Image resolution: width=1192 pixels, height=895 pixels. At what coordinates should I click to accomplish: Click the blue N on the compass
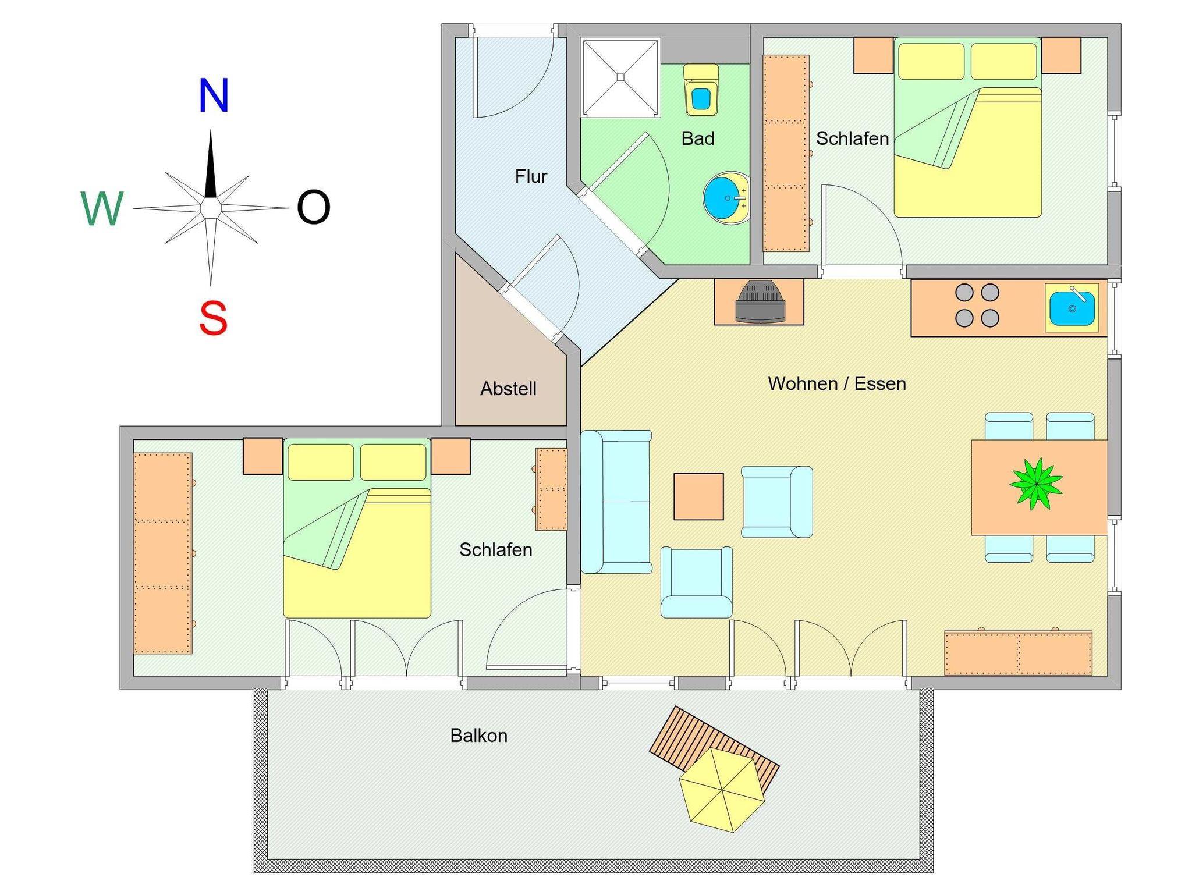(x=214, y=95)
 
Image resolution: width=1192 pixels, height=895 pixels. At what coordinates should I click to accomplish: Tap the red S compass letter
(x=213, y=318)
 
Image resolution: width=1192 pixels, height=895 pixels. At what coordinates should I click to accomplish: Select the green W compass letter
(x=102, y=208)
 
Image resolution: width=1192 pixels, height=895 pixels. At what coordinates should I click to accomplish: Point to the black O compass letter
(x=314, y=207)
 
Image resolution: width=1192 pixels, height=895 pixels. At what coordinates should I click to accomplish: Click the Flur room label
(x=531, y=176)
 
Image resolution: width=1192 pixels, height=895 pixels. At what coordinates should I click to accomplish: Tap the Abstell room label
(x=508, y=389)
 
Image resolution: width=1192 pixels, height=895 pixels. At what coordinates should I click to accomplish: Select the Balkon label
(x=479, y=736)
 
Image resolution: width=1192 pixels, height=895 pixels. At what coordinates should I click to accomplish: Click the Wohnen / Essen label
(x=837, y=383)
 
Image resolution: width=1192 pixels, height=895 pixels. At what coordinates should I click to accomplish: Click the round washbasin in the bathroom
(x=726, y=198)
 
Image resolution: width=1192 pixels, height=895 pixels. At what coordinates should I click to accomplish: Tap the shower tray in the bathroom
(x=620, y=77)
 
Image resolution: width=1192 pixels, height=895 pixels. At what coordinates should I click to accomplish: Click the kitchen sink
(x=1072, y=308)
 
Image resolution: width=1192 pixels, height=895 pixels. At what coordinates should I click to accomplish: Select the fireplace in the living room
(x=760, y=301)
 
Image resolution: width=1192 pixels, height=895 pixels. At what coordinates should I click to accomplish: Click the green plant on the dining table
(x=1036, y=484)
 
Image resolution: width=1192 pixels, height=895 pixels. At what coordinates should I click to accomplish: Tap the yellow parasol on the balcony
(x=722, y=790)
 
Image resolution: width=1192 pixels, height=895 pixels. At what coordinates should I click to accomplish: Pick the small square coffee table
(x=698, y=496)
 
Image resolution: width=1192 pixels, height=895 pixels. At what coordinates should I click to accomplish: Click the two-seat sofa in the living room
(x=616, y=502)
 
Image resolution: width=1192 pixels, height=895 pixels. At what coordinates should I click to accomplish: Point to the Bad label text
(x=698, y=138)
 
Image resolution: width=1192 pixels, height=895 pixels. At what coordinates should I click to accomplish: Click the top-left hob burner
(x=964, y=292)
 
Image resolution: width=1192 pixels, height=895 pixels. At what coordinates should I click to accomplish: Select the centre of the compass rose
(x=210, y=208)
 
